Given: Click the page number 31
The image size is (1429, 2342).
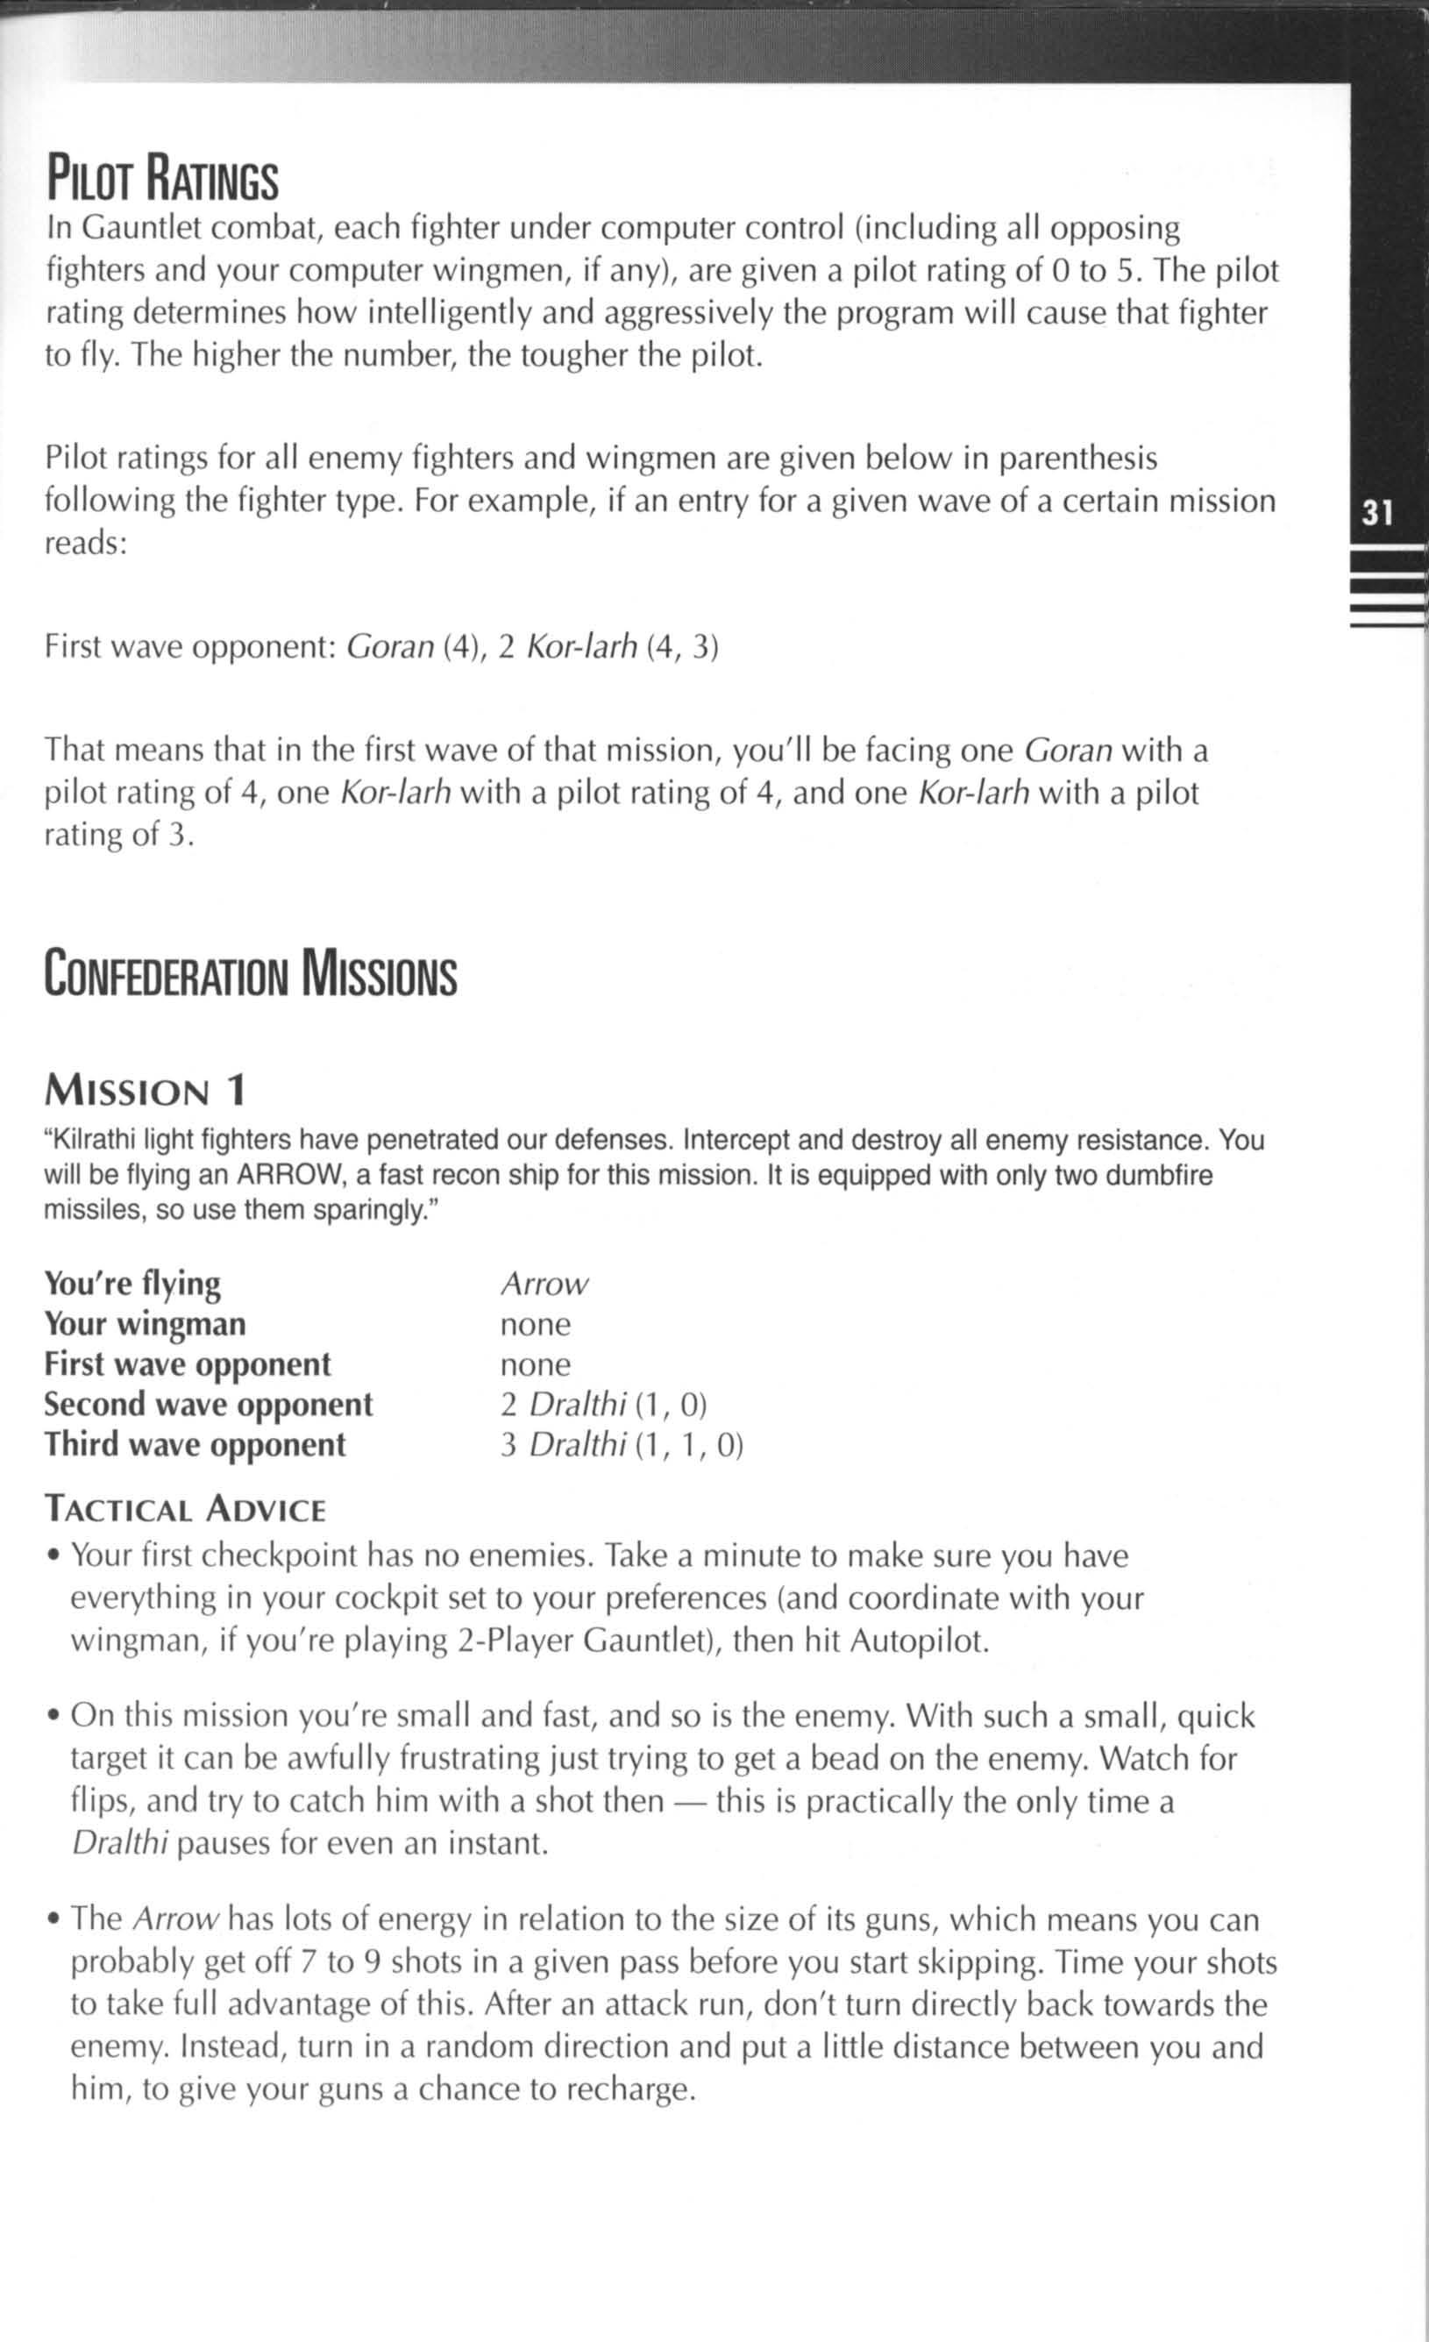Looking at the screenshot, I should point(1376,513).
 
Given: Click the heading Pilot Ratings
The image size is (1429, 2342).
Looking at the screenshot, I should point(162,180).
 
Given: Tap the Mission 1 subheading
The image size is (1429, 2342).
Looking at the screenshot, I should point(146,1090).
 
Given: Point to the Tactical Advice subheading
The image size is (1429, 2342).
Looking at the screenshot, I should point(185,1509).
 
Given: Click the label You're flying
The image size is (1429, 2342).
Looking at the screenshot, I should point(132,1284).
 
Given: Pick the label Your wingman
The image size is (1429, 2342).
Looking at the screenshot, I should point(145,1324).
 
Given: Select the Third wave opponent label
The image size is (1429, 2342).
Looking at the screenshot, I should point(195,1445).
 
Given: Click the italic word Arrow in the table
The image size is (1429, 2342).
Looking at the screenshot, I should point(544,1284).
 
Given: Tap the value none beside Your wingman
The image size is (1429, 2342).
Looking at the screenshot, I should point(536,1324).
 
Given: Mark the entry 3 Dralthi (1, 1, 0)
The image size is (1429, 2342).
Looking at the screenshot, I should point(622,1445).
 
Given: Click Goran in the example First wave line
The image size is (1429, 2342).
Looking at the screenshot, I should point(389,647).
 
